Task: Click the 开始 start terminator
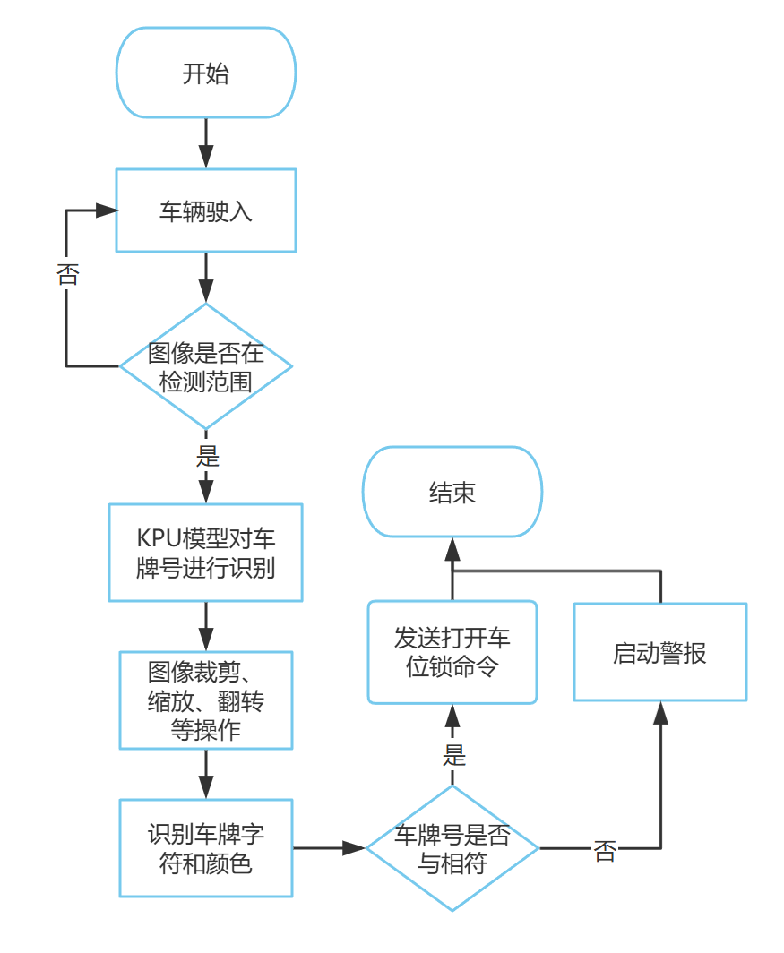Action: [206, 73]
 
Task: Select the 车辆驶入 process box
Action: [206, 210]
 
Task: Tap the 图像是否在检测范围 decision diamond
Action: [206, 366]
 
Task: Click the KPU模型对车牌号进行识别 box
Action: [206, 553]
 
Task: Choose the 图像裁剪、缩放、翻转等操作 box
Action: [206, 700]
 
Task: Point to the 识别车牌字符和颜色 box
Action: [206, 848]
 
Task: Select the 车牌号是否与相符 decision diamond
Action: [452, 848]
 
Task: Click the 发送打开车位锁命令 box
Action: [452, 651]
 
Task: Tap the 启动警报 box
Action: [660, 652]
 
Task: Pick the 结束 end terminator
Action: [452, 492]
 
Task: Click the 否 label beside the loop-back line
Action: [67, 274]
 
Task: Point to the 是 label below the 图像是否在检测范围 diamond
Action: [207, 456]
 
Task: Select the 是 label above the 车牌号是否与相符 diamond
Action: [453, 754]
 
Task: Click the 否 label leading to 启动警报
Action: [606, 852]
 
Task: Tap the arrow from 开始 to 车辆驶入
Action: [206, 143]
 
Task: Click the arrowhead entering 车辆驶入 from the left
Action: [108, 210]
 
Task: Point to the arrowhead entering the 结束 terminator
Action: [452, 547]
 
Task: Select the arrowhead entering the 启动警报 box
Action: [660, 712]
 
